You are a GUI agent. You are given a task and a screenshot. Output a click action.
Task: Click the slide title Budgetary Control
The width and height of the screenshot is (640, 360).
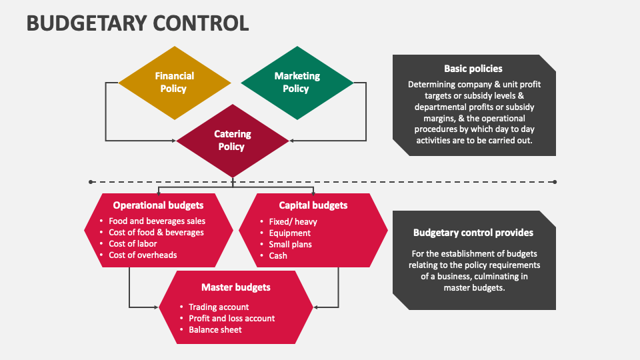click(137, 23)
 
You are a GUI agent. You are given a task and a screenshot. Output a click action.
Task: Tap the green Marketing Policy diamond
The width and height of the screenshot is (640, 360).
click(297, 83)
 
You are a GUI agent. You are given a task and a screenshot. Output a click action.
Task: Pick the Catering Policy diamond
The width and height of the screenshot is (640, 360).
click(233, 140)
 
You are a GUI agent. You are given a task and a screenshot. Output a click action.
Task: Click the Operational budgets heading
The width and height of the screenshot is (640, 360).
click(158, 205)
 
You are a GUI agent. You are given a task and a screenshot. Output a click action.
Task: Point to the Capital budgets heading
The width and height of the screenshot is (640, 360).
click(313, 205)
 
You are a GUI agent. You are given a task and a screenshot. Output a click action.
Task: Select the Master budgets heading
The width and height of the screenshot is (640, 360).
click(236, 287)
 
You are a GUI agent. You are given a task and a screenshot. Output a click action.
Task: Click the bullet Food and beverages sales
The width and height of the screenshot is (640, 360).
click(157, 221)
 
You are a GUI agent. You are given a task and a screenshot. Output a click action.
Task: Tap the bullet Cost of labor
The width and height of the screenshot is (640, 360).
click(133, 244)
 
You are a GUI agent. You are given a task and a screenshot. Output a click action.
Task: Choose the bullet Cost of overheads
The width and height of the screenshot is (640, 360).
click(143, 255)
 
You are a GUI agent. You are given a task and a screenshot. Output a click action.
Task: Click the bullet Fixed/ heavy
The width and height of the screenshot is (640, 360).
click(293, 221)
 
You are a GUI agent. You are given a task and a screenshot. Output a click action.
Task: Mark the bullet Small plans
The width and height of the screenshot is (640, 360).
click(290, 244)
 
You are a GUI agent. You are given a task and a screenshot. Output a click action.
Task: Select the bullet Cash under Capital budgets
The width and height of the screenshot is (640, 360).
click(278, 255)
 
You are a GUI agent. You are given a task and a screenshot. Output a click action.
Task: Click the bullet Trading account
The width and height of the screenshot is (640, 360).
click(219, 307)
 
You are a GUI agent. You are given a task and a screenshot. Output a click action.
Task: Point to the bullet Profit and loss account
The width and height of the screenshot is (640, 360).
click(231, 319)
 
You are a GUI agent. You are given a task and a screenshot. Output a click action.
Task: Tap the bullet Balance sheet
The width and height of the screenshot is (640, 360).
click(215, 330)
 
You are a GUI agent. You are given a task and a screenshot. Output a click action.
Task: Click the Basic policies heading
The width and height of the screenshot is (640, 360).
click(473, 69)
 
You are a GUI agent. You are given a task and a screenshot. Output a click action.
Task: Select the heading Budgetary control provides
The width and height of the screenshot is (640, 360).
click(473, 233)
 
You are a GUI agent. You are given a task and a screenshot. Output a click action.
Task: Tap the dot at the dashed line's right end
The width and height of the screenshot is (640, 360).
click(555, 181)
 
